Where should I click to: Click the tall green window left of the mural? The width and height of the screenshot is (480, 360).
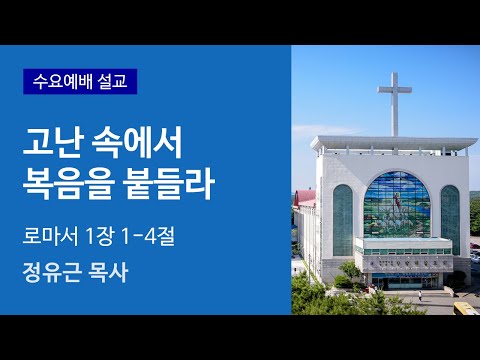click(342, 219)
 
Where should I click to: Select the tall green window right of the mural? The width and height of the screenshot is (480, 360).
click(450, 218)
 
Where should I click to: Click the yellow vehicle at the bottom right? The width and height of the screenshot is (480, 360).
click(466, 309)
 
